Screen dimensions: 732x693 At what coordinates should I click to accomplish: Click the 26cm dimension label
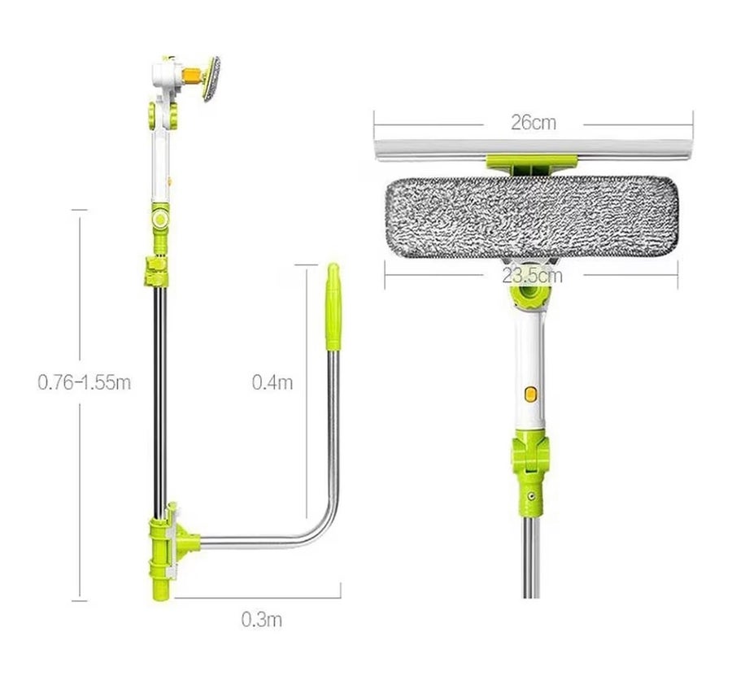[x=533, y=122]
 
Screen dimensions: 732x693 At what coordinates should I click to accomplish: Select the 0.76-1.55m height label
[x=84, y=382]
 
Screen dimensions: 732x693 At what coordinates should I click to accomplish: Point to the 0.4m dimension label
[x=272, y=382]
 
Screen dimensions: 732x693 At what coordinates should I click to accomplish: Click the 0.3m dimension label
[x=261, y=620]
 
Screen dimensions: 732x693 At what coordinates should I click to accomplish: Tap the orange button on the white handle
[x=529, y=393]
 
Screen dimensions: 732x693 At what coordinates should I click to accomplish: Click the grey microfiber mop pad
[x=531, y=219]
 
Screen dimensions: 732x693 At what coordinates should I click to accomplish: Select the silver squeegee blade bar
[x=533, y=149]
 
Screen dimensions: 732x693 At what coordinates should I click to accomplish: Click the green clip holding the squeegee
[x=532, y=164]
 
